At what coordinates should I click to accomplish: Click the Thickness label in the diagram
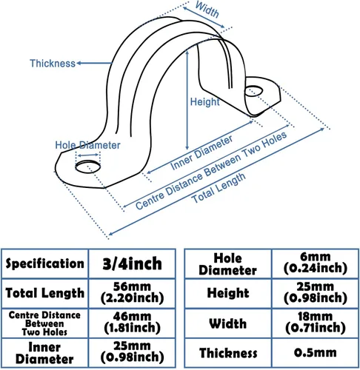(x=53, y=64)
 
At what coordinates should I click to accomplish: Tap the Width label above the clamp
(x=207, y=10)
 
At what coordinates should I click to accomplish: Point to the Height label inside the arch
(x=204, y=101)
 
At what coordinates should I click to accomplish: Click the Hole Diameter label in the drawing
(x=87, y=145)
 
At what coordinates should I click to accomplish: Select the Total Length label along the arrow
(x=219, y=188)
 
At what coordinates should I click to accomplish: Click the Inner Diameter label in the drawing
(x=201, y=152)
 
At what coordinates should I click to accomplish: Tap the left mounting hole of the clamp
(x=88, y=166)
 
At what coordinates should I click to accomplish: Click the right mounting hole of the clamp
(x=253, y=91)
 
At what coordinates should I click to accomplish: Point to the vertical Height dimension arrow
(x=187, y=100)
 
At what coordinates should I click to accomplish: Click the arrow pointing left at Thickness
(x=94, y=63)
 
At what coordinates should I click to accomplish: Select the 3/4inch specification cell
(x=132, y=263)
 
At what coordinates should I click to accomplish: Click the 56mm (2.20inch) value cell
(x=132, y=293)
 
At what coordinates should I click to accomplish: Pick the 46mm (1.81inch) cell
(x=132, y=323)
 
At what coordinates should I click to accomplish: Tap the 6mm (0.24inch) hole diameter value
(x=316, y=263)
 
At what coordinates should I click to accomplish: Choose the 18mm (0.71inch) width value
(x=316, y=323)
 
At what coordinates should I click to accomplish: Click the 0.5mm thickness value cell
(x=316, y=352)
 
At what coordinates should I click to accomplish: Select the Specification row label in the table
(x=44, y=263)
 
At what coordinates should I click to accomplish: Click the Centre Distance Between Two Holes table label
(x=44, y=323)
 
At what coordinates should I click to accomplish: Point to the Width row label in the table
(x=228, y=323)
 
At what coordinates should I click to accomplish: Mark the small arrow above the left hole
(x=88, y=155)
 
